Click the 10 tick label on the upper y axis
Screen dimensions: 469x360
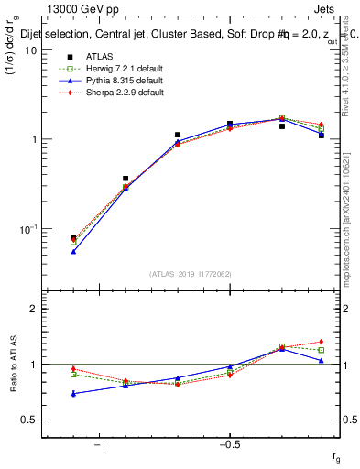29,50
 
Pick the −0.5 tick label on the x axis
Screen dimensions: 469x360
228,444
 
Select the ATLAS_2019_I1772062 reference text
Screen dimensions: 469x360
191,273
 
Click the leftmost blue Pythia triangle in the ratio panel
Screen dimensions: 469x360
73,394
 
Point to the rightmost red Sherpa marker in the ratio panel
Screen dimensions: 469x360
321,342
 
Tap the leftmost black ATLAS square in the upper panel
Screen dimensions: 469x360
73,237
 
